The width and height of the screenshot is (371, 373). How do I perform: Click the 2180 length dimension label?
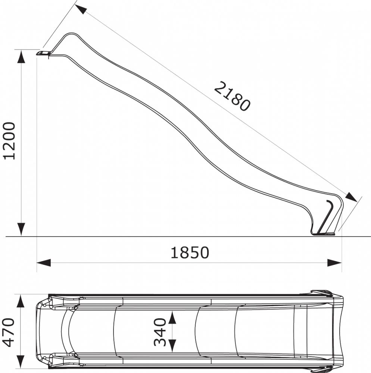click(x=232, y=96)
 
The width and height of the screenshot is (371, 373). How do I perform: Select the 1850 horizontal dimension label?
click(x=190, y=253)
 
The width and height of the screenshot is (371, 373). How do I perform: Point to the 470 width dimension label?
click(x=8, y=332)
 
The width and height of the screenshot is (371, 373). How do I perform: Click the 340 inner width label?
click(x=160, y=332)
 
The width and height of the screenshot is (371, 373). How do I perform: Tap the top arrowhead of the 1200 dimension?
click(x=21, y=57)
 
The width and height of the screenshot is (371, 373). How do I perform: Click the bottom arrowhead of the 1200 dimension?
click(x=21, y=229)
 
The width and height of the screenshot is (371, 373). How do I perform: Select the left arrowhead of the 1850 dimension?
click(x=44, y=263)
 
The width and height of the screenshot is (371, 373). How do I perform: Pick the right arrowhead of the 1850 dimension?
click(x=334, y=263)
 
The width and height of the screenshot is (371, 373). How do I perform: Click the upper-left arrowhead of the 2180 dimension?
click(x=81, y=9)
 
